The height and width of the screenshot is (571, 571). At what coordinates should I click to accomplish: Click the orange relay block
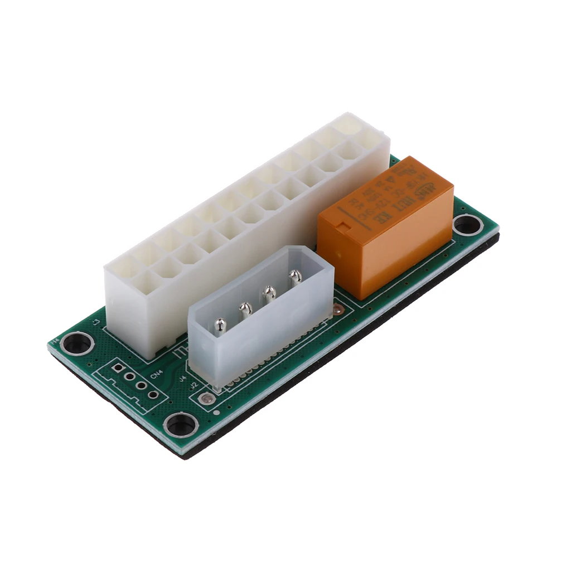[x=385, y=229]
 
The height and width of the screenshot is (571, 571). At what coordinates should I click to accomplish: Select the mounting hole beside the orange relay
[x=467, y=225]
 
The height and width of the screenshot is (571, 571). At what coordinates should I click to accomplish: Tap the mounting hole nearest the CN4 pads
[x=181, y=425]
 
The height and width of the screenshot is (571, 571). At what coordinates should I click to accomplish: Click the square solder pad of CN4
[x=118, y=368]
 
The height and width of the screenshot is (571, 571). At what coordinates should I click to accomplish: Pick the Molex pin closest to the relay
[x=294, y=275]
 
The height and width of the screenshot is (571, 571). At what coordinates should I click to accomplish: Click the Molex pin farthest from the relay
[x=221, y=324]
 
